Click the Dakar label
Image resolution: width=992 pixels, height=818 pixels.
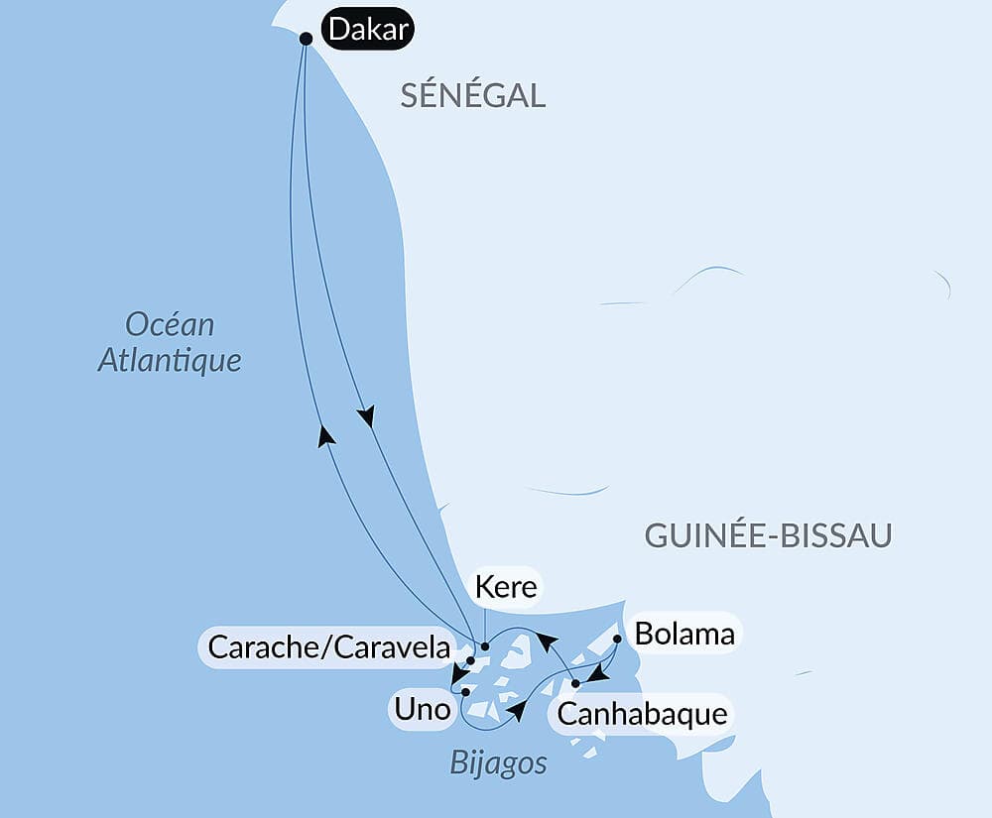coord(368,31)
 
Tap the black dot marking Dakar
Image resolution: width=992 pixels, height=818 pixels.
coord(306,39)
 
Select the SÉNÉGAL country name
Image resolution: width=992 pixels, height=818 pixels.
coord(473,95)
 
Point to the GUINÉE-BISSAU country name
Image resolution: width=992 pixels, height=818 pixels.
coord(768,535)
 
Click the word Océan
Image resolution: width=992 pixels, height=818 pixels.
coord(170,324)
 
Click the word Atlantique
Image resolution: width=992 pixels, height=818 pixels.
coord(170,359)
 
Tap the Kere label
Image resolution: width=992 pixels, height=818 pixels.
coord(506,587)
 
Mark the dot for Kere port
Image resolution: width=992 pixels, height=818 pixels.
coord(484,647)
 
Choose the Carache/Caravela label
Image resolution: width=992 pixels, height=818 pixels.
coord(329,648)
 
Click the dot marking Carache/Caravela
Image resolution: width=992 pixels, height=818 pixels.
coord(470,660)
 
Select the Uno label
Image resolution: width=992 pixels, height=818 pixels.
coord(423,710)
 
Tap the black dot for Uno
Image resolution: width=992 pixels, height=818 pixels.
coord(464,692)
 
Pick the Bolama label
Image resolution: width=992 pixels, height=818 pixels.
coord(684,634)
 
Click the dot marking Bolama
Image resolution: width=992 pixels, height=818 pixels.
coord(617,640)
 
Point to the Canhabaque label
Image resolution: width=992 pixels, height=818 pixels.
coord(642,713)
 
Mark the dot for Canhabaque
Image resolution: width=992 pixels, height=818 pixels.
coord(575,683)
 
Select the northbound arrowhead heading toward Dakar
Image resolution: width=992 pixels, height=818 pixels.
coord(325,435)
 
